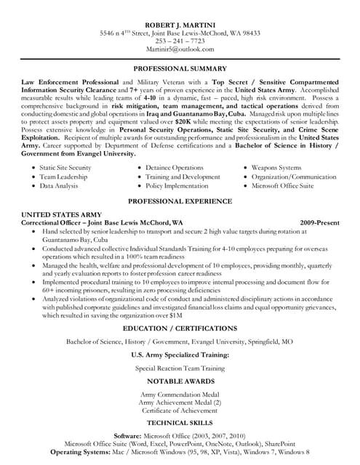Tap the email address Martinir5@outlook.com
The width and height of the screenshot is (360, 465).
tap(179, 49)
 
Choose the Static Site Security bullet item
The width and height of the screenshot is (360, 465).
tap(65, 167)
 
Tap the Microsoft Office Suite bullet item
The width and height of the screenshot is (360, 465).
tap(284, 186)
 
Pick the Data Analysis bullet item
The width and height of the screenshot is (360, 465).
tap(57, 186)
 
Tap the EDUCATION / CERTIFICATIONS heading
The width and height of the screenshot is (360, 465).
tap(179, 328)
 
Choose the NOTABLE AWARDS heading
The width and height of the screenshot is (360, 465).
tap(179, 381)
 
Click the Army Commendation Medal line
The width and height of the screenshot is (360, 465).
tap(179, 394)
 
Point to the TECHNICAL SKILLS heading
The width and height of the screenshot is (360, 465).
tap(179, 422)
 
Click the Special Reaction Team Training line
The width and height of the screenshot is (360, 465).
tap(179, 368)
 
